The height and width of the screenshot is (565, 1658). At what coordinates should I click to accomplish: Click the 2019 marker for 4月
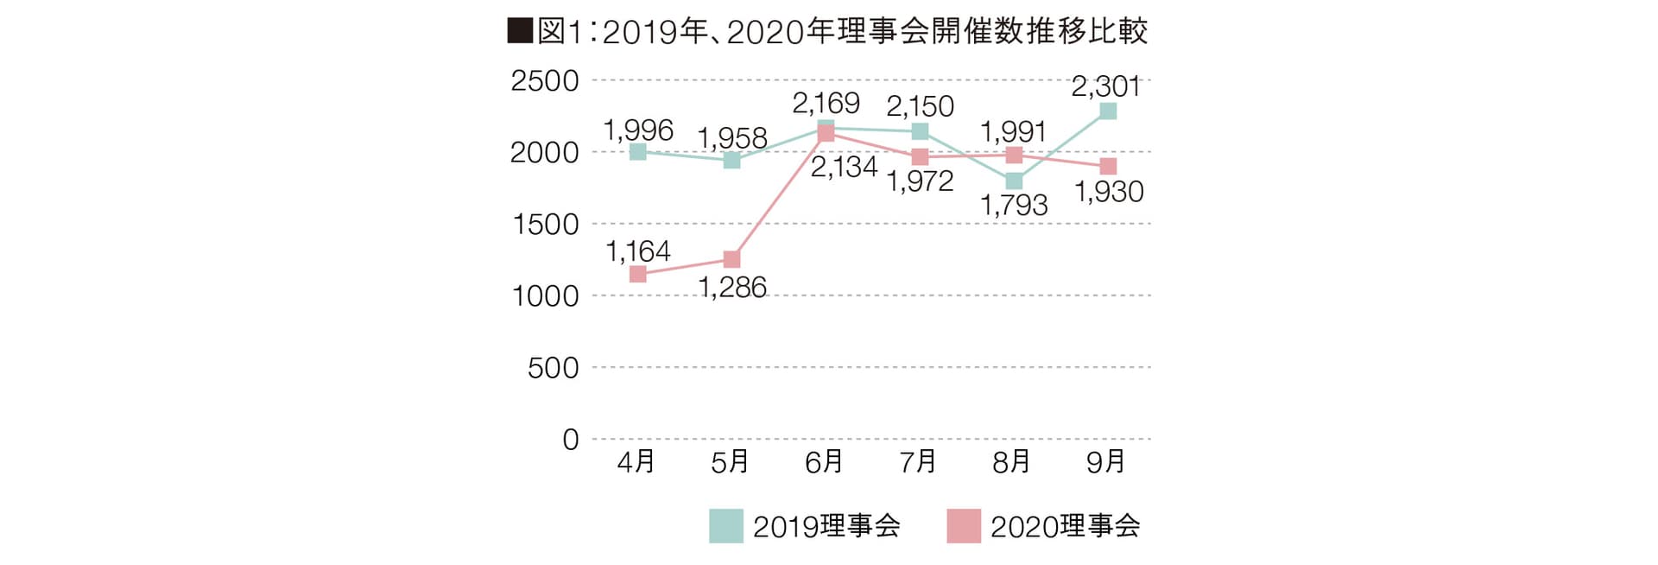[638, 152]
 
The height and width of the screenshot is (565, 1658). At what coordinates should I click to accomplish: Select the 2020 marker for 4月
[638, 274]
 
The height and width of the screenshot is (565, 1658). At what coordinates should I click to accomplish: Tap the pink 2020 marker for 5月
[731, 259]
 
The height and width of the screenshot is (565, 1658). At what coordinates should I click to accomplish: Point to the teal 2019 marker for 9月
[1108, 111]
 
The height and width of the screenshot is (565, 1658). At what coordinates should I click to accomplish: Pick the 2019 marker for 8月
[1014, 181]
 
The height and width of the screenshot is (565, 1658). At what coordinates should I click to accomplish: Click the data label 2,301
[1106, 86]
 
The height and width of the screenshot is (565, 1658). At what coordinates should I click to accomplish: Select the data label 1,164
[638, 251]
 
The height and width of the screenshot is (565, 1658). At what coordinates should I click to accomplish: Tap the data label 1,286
[732, 287]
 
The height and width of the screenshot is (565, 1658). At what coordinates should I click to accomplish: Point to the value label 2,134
[844, 167]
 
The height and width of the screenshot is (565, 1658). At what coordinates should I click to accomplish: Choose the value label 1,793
[1014, 206]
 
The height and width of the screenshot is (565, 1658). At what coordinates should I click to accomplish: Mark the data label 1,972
[920, 181]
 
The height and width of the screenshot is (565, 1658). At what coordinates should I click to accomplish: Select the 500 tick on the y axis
[553, 368]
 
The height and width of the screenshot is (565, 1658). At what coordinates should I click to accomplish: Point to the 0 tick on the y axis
[570, 440]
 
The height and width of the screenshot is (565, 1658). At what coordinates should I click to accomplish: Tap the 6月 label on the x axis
[824, 462]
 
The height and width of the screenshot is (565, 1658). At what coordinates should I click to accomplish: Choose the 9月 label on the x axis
[1106, 462]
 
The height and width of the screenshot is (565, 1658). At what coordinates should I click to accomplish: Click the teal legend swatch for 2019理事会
[725, 526]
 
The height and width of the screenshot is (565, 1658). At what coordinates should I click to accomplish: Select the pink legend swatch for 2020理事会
[964, 526]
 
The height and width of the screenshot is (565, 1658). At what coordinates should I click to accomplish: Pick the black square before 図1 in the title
[520, 32]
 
